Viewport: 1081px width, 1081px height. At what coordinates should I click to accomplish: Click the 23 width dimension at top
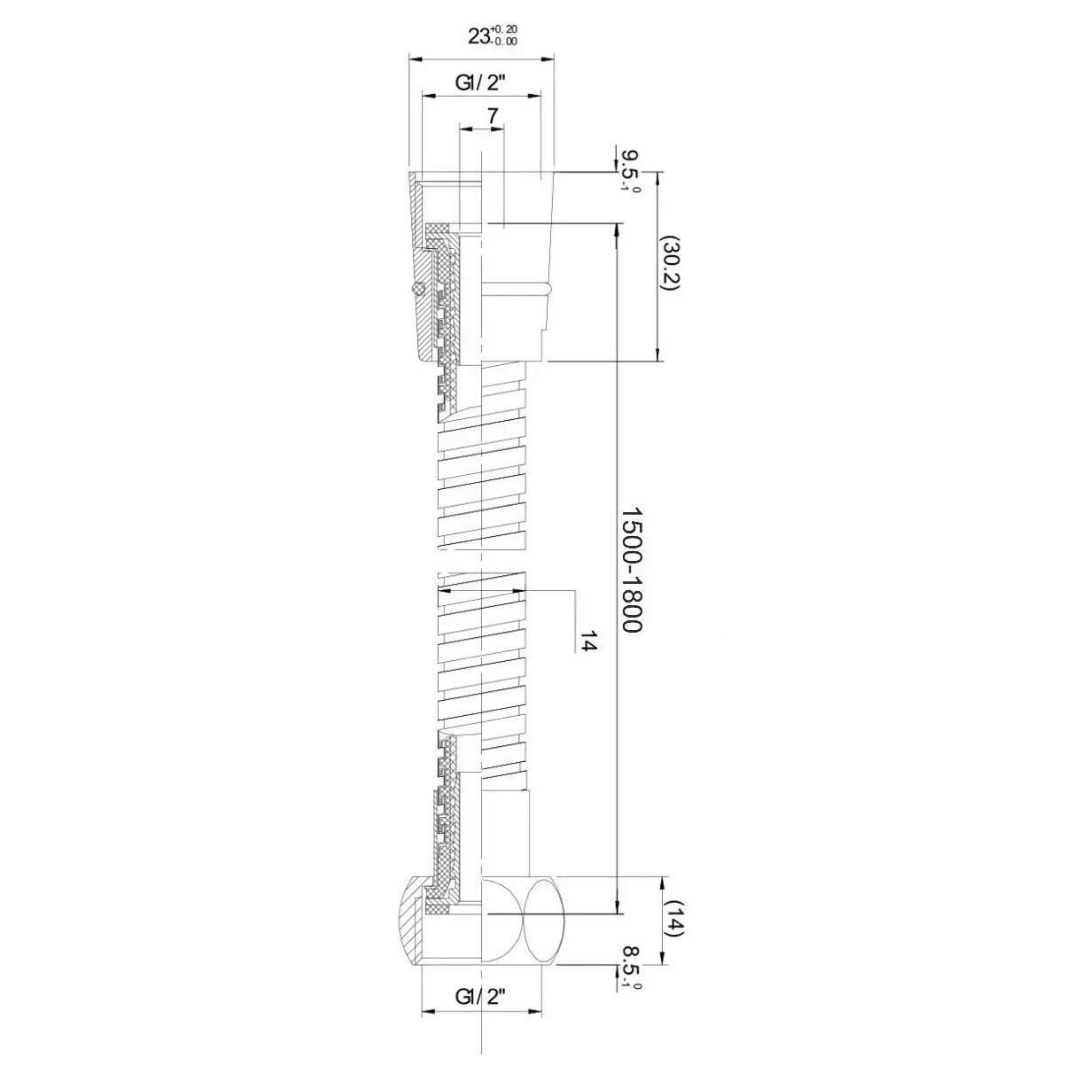pos(478,36)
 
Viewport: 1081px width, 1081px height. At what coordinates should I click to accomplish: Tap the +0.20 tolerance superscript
pos(504,29)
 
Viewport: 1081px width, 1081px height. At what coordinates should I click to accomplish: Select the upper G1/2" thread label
pos(481,83)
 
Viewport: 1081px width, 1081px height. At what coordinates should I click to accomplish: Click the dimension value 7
pos(492,116)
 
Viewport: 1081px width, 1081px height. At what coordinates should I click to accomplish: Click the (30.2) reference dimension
pos(670,264)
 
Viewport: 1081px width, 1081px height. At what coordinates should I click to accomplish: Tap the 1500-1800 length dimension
pos(633,570)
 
